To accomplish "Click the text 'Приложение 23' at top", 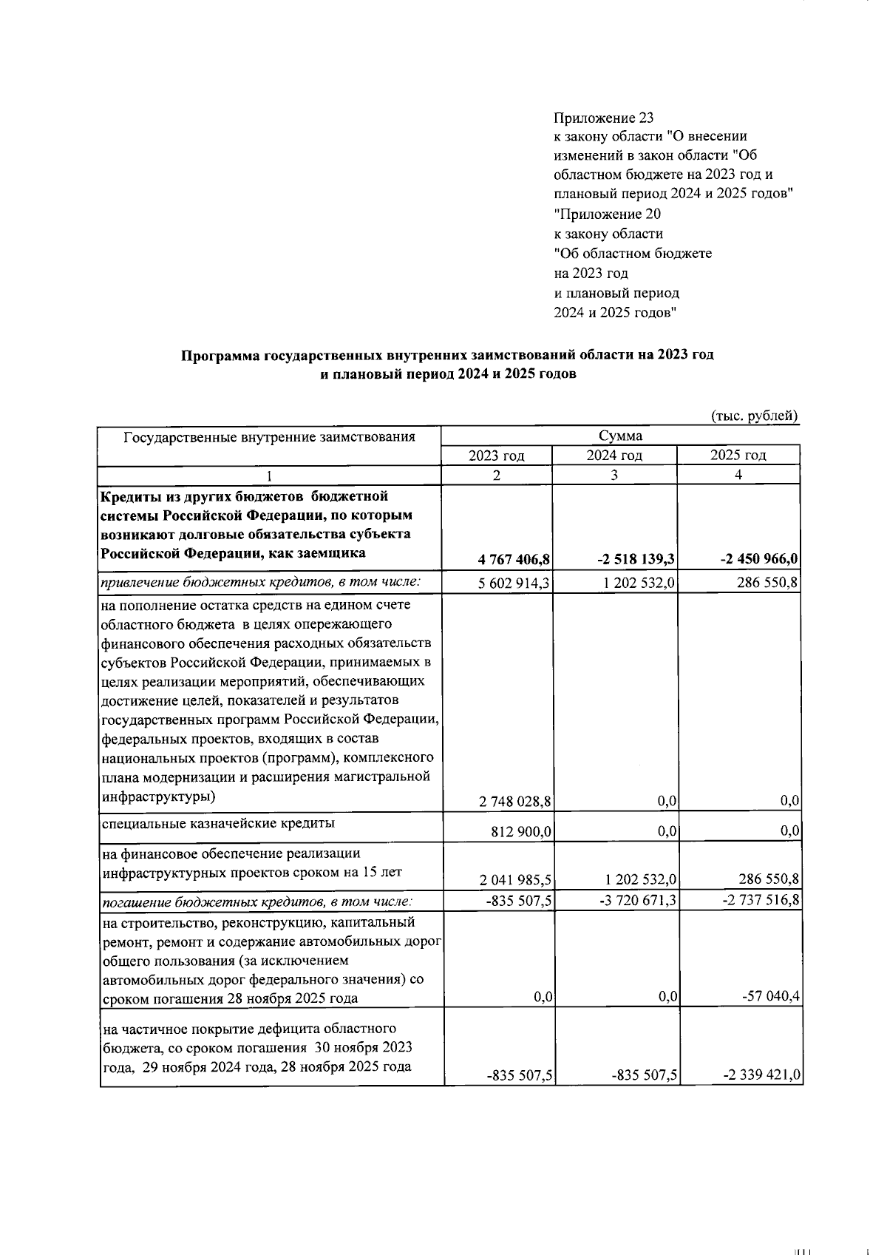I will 604,118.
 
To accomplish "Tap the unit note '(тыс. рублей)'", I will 755,416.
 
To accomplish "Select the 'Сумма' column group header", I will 620,436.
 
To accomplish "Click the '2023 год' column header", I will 497,456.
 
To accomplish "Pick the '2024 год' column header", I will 614,456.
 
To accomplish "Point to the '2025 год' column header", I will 738,456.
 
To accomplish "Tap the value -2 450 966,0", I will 759,559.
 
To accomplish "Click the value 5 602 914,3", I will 514,583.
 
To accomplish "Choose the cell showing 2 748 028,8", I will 514,801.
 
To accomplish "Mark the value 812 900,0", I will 521,832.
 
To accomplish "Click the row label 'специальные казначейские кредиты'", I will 217,822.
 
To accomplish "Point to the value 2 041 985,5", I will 514,880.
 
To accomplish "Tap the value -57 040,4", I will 771,998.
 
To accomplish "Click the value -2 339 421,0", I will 761,1076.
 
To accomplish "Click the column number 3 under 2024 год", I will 614,476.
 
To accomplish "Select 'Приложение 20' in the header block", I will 608,214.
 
